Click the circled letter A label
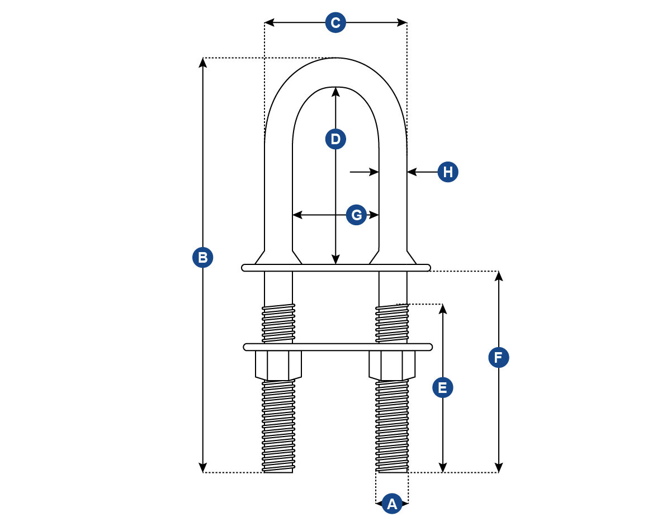tap(392, 504)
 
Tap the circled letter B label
tap(203, 258)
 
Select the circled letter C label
tap(335, 23)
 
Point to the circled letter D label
tap(335, 139)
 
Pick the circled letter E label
tap(443, 387)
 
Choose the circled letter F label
tap(499, 357)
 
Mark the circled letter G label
tap(356, 215)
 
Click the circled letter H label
tap(448, 172)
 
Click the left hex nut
tap(278, 365)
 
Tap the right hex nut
tap(392, 365)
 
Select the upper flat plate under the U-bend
tap(335, 268)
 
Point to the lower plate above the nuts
tap(338, 347)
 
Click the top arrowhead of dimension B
tap(203, 62)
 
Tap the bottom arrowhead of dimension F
tap(499, 468)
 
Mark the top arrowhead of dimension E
tap(443, 309)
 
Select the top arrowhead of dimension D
tap(335, 91)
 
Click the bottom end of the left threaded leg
tap(278, 470)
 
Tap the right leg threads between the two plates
tap(392, 323)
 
